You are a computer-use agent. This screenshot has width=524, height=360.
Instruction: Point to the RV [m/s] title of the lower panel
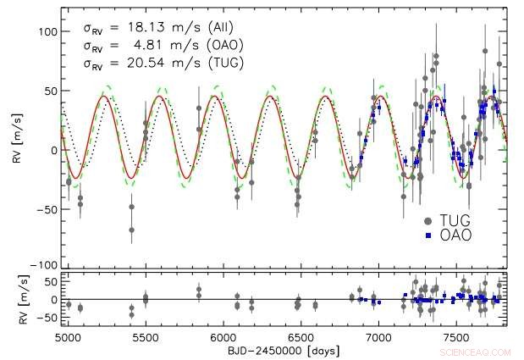tap(17, 299)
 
